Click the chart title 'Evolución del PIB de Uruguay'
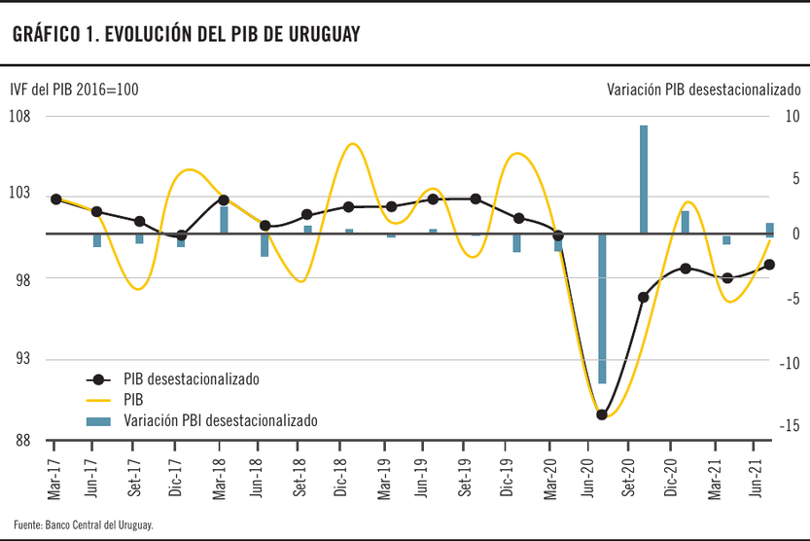pos(186,34)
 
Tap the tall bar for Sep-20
pos(644,179)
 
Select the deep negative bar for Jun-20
pos(602,308)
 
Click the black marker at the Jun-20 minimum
pos(602,415)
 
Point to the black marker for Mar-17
pos(56,199)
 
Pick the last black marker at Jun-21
pos(769,265)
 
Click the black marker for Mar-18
pos(224,199)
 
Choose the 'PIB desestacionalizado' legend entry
pos(191,379)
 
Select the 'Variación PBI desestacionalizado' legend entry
pos(220,420)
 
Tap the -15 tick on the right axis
pos(792,426)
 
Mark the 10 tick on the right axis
pos(792,116)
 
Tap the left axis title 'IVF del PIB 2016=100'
pos(74,90)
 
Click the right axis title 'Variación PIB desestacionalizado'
pos(703,90)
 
